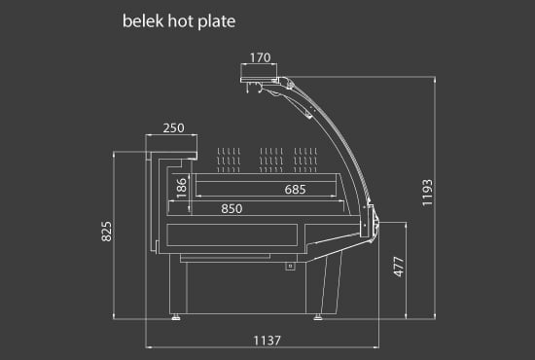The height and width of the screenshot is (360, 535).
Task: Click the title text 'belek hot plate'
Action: click(179, 19)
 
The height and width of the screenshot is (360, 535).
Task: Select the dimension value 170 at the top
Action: click(260, 57)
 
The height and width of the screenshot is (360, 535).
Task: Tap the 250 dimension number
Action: click(174, 128)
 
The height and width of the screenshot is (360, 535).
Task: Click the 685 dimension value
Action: click(296, 189)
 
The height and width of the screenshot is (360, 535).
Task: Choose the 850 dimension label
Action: click(232, 207)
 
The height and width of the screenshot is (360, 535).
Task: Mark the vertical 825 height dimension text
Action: click(108, 231)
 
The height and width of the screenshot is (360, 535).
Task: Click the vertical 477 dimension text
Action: click(398, 269)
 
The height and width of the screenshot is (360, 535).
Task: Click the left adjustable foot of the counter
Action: click(175, 314)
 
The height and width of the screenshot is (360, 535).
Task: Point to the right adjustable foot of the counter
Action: click(319, 314)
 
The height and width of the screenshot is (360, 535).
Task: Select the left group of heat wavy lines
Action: click(229, 157)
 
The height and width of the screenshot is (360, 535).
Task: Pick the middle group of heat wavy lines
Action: click(271, 157)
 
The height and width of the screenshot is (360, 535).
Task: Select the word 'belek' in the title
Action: click(139, 19)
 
